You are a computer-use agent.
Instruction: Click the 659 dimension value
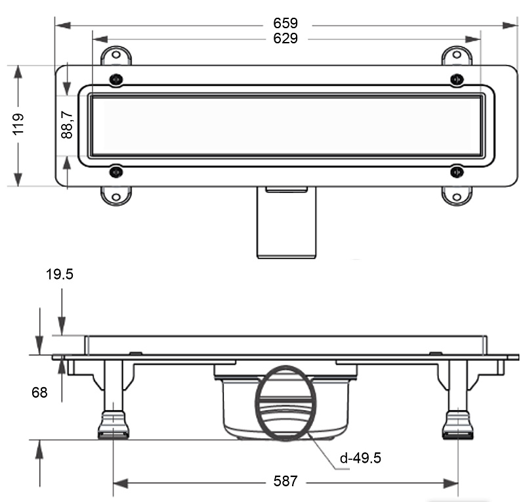[x=285, y=23]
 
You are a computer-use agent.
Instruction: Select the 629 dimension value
[x=285, y=39]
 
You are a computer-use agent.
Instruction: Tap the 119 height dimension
[x=18, y=124]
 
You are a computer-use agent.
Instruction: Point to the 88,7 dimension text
[x=67, y=125]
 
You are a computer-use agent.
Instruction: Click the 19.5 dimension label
[x=59, y=274]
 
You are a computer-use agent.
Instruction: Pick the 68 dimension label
[x=39, y=392]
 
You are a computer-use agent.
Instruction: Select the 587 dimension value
[x=285, y=481]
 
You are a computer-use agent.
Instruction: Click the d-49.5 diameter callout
[x=360, y=458]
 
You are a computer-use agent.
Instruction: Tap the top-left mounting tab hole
[x=116, y=54]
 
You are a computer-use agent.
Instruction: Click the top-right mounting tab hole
[x=456, y=54]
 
